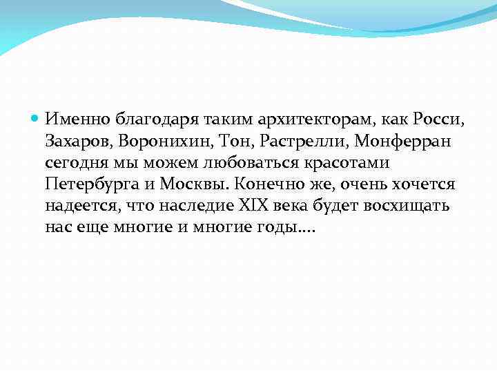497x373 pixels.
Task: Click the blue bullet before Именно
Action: coord(37,119)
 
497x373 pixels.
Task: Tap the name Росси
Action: coord(440,119)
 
